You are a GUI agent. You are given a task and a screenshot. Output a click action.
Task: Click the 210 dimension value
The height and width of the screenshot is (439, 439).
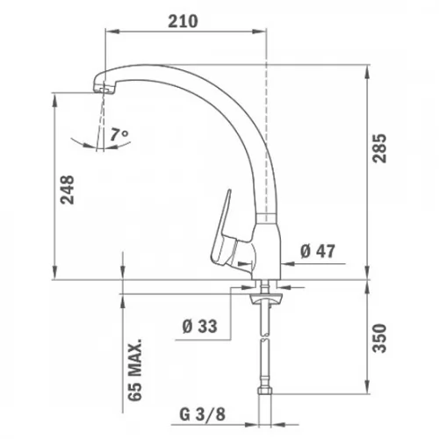[x=183, y=21]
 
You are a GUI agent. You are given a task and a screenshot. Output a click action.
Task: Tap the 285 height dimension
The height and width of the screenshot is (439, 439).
[x=379, y=148]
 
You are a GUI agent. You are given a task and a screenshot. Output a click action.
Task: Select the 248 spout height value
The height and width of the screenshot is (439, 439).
[x=67, y=190]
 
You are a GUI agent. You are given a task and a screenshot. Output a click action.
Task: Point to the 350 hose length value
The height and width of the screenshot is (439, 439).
[x=379, y=338]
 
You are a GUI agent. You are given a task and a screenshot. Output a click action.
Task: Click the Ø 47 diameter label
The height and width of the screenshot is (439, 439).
[x=318, y=251]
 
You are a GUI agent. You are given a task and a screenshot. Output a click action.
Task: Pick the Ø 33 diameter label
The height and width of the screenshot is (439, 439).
[x=200, y=326]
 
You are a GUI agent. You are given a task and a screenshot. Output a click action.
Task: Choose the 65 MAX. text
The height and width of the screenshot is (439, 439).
[x=135, y=370]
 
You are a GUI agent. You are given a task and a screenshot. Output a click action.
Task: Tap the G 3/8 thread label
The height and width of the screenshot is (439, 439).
[x=203, y=414]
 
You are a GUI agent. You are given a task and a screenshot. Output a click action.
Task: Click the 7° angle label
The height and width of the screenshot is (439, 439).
[x=119, y=134]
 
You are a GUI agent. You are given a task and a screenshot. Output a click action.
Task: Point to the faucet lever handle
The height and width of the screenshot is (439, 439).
[x=223, y=231]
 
